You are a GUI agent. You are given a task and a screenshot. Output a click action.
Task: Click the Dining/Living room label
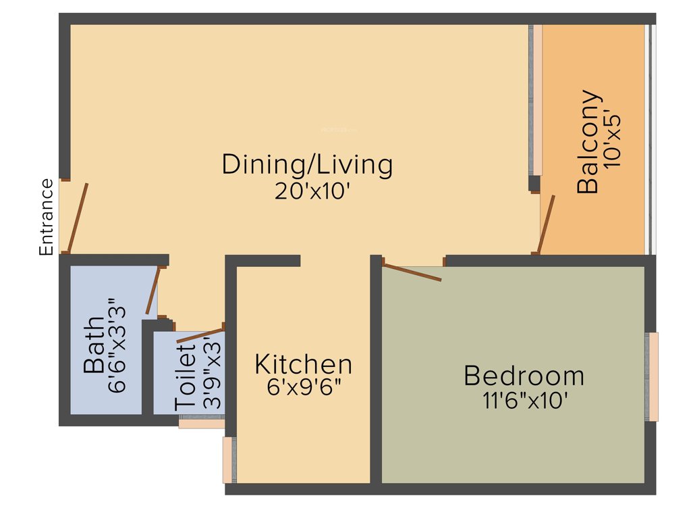click(307, 165)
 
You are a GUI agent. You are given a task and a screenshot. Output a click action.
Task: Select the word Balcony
click(588, 142)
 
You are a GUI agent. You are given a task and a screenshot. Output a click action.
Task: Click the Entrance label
click(46, 217)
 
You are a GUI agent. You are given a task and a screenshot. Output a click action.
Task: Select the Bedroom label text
click(524, 375)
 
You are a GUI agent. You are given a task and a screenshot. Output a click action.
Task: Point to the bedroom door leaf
click(412, 272)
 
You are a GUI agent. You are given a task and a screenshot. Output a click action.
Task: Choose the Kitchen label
click(303, 364)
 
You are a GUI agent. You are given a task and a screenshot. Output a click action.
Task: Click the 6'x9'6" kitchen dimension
click(303, 389)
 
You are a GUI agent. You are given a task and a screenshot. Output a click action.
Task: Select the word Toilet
click(186, 376)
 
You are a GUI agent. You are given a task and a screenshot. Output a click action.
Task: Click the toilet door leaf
click(200, 335)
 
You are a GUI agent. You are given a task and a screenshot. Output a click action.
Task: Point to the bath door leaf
click(153, 291)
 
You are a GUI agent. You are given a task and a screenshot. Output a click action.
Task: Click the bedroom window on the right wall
click(652, 376)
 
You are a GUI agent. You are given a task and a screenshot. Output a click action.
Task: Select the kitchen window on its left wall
click(228, 460)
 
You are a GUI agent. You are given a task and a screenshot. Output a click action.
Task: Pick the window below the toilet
click(201, 423)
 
